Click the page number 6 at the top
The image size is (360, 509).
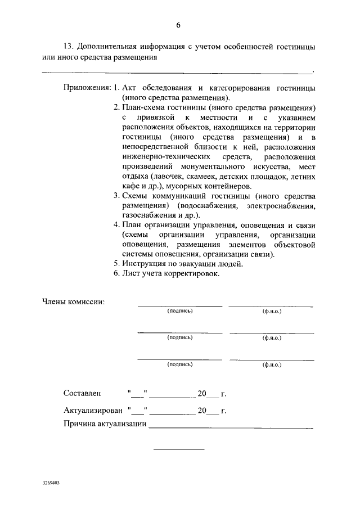[178, 25]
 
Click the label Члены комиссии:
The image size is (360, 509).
[74, 301]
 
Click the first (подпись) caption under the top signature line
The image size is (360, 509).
[180, 311]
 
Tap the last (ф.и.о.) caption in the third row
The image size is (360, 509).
[272, 364]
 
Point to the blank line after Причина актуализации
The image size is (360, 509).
[231, 429]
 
